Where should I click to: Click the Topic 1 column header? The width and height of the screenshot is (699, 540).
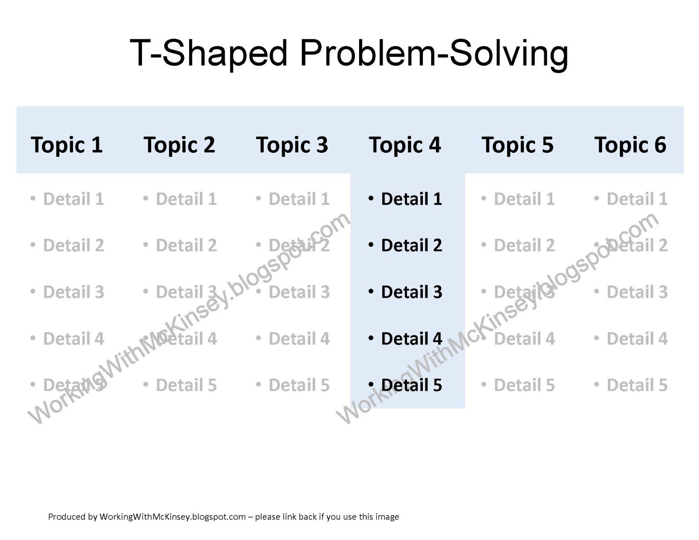click(x=66, y=145)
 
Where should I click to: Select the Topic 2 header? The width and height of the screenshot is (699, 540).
click(x=179, y=145)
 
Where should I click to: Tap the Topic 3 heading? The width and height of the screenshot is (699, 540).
click(x=292, y=145)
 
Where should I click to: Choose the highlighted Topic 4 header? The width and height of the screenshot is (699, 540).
click(x=405, y=145)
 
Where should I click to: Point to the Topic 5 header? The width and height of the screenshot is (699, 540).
click(x=517, y=145)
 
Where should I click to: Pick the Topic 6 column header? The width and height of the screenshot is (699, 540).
click(x=630, y=145)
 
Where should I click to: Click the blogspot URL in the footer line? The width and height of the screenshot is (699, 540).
click(x=173, y=516)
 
